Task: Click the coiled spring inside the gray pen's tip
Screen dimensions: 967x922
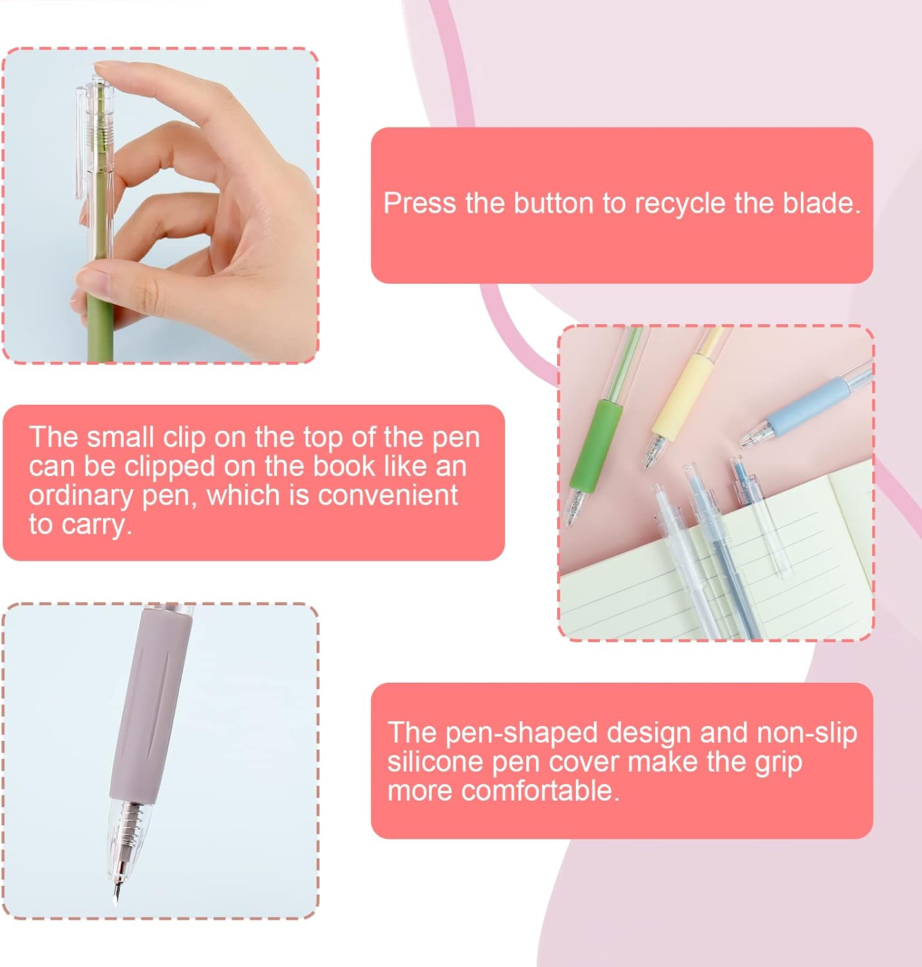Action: click(x=130, y=822)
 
